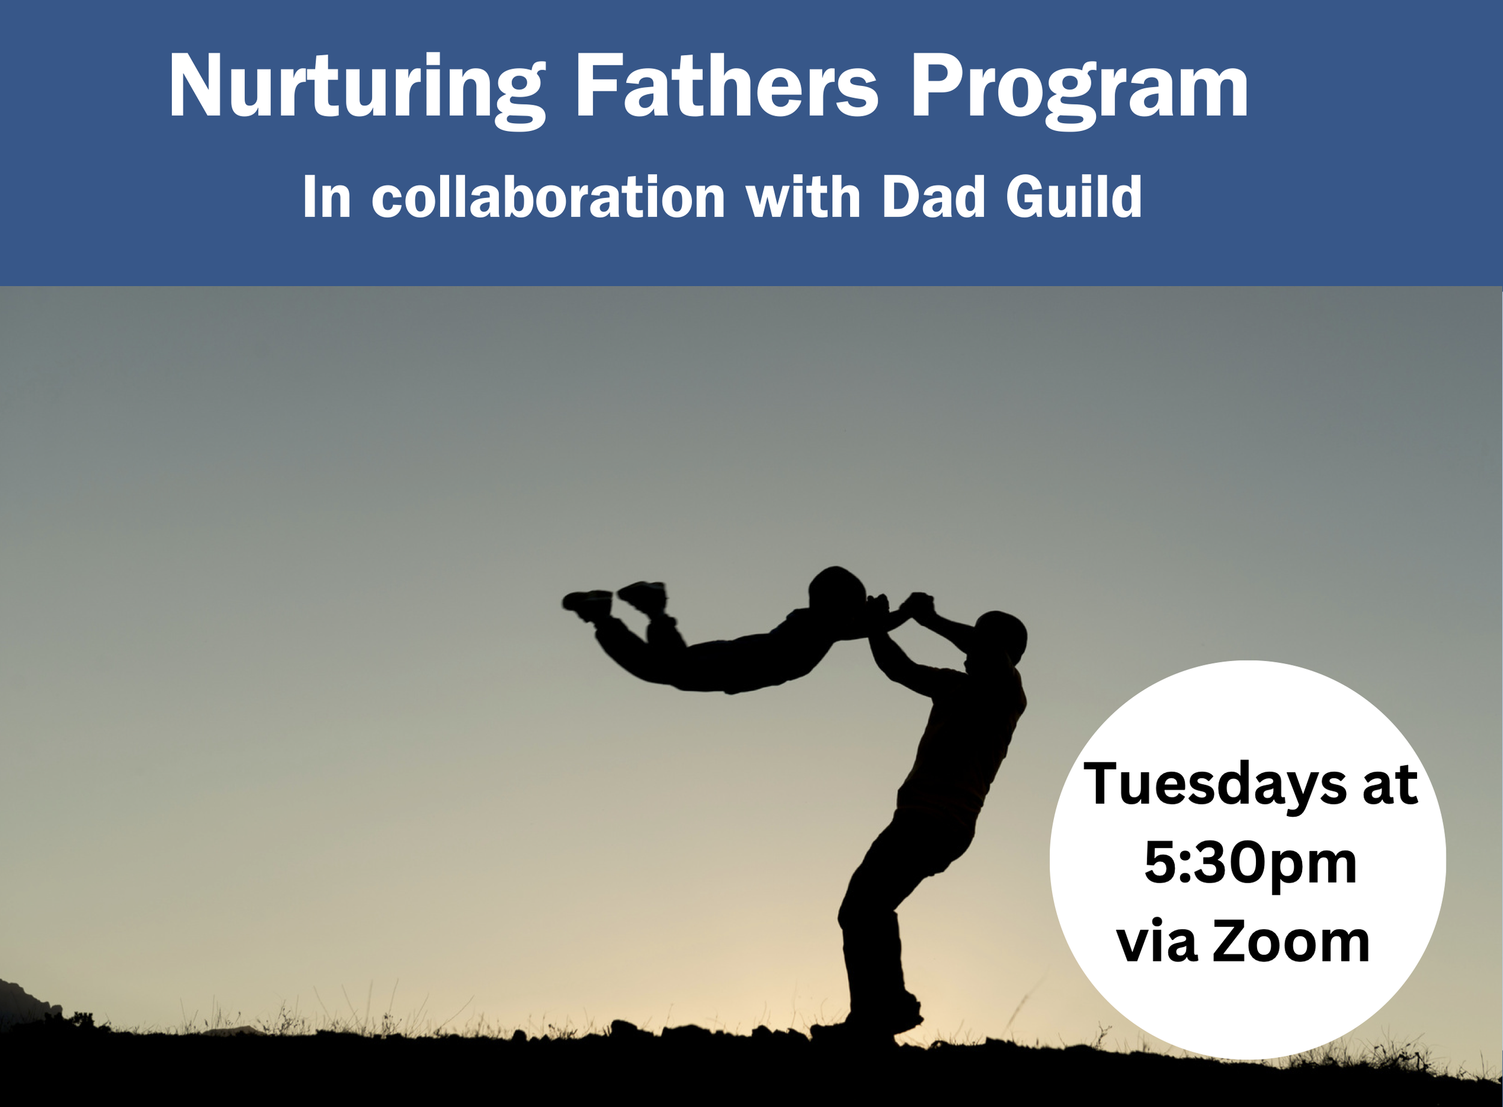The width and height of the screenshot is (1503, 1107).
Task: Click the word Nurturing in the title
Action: click(355, 87)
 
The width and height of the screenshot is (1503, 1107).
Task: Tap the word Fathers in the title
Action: click(726, 87)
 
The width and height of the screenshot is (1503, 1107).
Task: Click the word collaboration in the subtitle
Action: click(548, 197)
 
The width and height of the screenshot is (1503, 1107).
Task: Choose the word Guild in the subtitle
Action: click(1073, 197)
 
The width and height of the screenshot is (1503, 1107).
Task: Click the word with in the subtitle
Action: click(803, 197)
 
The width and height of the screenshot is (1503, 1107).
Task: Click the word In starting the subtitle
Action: click(326, 197)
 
